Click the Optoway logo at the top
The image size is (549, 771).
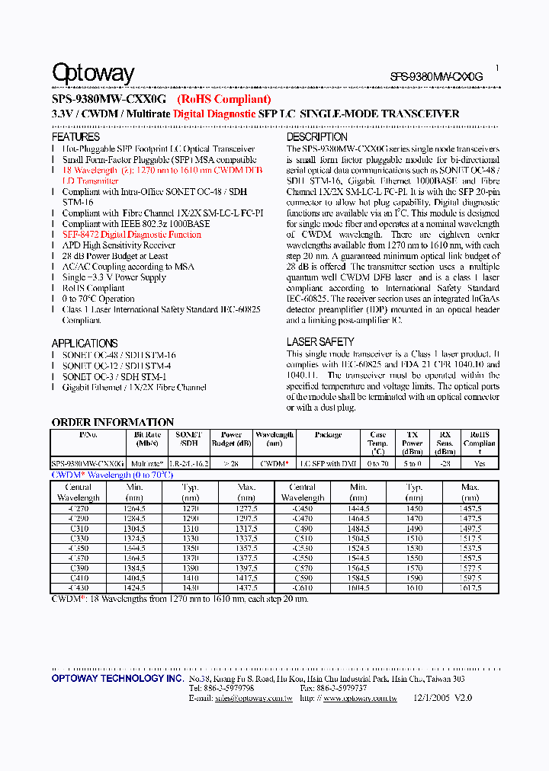point(93,73)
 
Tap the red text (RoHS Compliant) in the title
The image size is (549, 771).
point(223,99)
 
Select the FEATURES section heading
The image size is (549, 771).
point(76,137)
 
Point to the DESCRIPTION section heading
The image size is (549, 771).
point(316,137)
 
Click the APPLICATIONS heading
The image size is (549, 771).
point(85,343)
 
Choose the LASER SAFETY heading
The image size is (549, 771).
point(319,342)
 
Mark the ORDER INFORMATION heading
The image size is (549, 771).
point(113,422)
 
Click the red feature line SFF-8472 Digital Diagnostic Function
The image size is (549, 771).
point(131,235)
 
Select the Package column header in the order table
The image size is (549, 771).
point(328,435)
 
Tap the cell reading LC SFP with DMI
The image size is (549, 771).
point(328,463)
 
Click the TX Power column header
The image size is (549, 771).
point(413,439)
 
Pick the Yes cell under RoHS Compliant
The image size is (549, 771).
point(480,463)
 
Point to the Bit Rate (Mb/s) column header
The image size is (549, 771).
point(146,439)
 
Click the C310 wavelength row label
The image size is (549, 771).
point(79,529)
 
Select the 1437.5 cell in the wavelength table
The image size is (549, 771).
point(246,588)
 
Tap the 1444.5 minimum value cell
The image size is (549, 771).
point(358,508)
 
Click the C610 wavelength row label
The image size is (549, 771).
point(303,588)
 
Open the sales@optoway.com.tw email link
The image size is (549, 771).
point(254,697)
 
